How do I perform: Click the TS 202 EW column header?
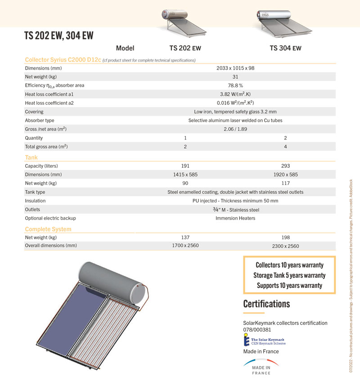click(184, 48)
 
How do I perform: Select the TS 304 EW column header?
click(285, 48)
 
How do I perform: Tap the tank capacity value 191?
click(185, 166)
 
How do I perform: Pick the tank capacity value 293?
click(285, 166)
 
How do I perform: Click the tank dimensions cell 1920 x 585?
click(285, 175)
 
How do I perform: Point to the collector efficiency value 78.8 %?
click(235, 85)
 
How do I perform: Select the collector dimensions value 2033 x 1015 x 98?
click(235, 68)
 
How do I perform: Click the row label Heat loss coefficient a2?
click(49, 103)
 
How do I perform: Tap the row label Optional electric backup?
click(50, 218)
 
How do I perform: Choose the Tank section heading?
click(31, 157)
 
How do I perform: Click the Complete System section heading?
click(48, 229)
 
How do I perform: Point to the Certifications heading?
click(266, 304)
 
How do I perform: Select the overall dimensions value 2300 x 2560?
click(285, 246)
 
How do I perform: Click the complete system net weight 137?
click(185, 238)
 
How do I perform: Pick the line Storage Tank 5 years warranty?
click(289, 275)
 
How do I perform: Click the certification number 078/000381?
click(258, 330)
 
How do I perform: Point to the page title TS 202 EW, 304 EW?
click(58, 36)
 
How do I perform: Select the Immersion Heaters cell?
click(235, 218)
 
